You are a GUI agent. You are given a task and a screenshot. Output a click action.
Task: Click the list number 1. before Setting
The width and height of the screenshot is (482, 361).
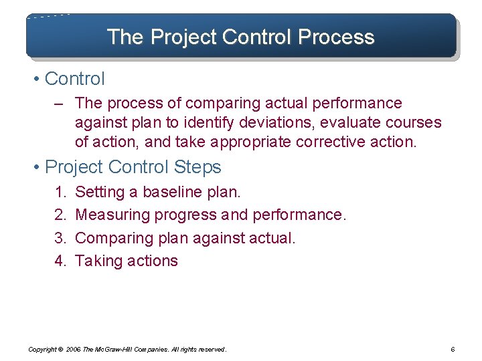point(60,193)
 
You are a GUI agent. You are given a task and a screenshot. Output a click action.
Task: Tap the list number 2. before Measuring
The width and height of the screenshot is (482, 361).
point(60,215)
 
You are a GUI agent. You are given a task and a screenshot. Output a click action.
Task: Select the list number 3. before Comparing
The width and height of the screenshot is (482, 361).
point(60,238)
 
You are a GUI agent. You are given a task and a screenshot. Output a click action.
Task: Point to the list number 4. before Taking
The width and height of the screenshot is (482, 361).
point(60,261)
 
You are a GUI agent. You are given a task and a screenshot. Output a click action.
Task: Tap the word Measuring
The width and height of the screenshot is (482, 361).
point(112,215)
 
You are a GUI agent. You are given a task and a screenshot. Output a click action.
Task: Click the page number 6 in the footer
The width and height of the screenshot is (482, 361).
point(453,350)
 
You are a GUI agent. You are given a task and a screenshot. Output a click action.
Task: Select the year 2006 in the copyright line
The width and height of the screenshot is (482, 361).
point(74,350)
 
